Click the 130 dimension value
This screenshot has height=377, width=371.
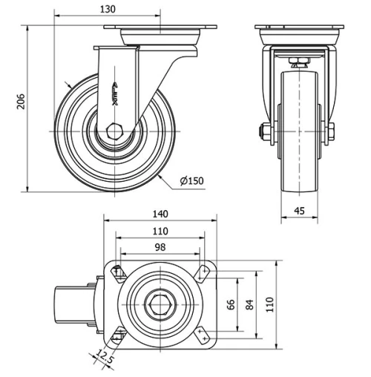(x=108, y=10)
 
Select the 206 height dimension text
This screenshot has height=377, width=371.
(x=21, y=102)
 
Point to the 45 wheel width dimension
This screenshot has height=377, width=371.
(x=300, y=210)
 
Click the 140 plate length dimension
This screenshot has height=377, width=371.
(x=160, y=213)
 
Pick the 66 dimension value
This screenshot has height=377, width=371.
(x=232, y=304)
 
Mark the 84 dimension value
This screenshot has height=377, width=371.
(x=251, y=304)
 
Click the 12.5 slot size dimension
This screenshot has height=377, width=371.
(x=102, y=360)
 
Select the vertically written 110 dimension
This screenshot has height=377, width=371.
(x=272, y=304)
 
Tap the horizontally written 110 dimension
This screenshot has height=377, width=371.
(x=160, y=231)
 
